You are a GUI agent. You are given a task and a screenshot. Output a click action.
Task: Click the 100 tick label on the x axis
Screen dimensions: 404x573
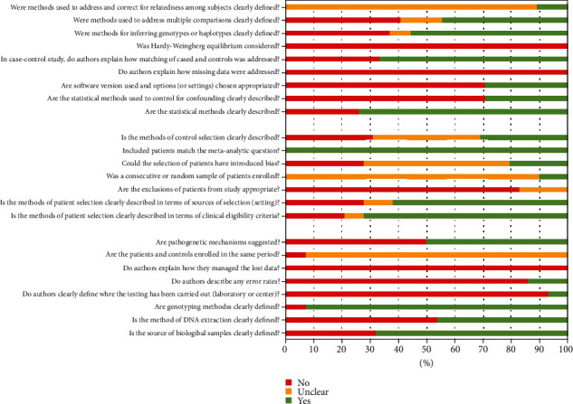tap(567, 347)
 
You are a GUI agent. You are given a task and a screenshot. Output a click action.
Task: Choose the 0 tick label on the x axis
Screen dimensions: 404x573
tap(285, 347)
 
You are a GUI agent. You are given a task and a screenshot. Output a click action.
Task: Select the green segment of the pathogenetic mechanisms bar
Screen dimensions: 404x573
tap(496, 242)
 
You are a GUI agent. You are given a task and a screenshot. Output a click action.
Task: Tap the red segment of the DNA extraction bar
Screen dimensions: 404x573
tap(361, 320)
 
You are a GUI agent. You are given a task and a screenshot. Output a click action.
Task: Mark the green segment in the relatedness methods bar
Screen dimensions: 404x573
tap(551, 6)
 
